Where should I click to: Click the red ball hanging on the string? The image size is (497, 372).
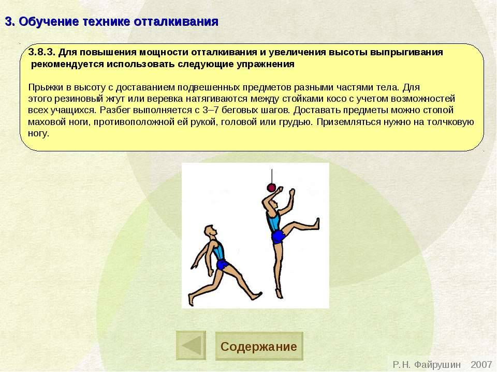coord(270,188)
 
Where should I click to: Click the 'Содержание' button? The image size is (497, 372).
coord(259,346)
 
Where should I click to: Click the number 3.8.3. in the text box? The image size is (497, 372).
coord(41,53)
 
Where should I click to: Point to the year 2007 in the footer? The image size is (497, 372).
coord(481,365)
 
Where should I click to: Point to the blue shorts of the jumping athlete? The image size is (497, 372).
coord(279,237)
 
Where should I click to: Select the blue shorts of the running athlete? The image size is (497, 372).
coord(223,265)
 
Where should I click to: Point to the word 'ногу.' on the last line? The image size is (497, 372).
coord(38,134)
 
